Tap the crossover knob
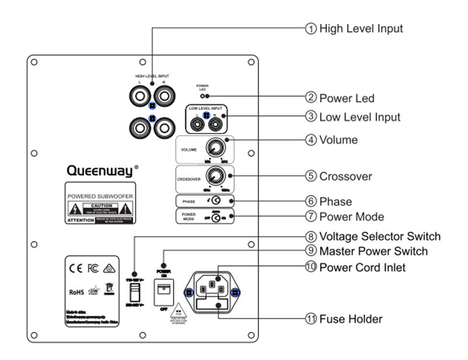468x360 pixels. (216, 174)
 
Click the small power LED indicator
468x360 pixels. (203, 95)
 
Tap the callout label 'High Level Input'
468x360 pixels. (360, 28)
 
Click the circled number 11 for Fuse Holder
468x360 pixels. (311, 319)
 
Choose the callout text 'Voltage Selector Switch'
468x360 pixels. (380, 237)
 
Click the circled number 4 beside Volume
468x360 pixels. (311, 140)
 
